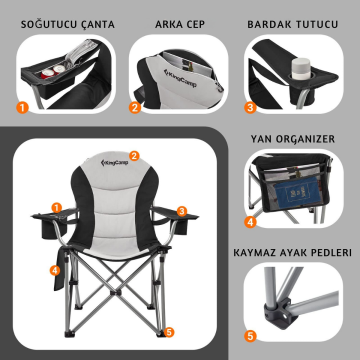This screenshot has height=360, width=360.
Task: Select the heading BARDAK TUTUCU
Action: coord(294,20)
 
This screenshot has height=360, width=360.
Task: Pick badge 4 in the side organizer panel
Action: coord(251,220)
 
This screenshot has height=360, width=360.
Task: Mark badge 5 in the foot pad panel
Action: coord(251,339)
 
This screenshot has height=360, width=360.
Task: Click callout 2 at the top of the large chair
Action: coord(133,155)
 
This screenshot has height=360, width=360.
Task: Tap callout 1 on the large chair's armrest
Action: coord(57,207)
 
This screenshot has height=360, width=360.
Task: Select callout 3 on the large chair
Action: coord(182,211)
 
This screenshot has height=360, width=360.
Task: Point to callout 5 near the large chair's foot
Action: coord(170,332)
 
